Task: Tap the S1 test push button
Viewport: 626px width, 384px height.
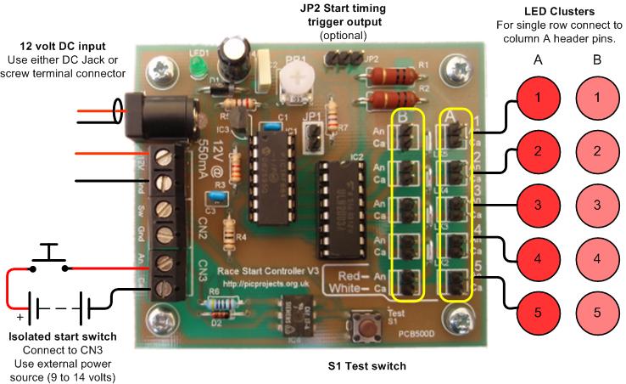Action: click(x=371, y=327)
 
